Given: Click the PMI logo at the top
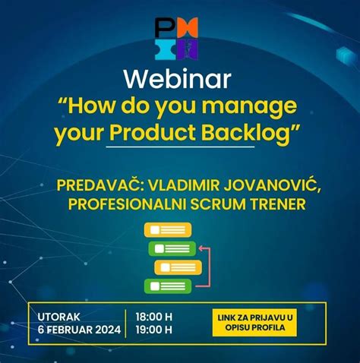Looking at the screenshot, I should [x=176, y=38].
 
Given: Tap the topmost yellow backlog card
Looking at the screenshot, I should [x=167, y=229].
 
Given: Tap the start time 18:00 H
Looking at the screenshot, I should [x=153, y=315].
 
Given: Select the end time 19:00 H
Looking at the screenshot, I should [x=153, y=330].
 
